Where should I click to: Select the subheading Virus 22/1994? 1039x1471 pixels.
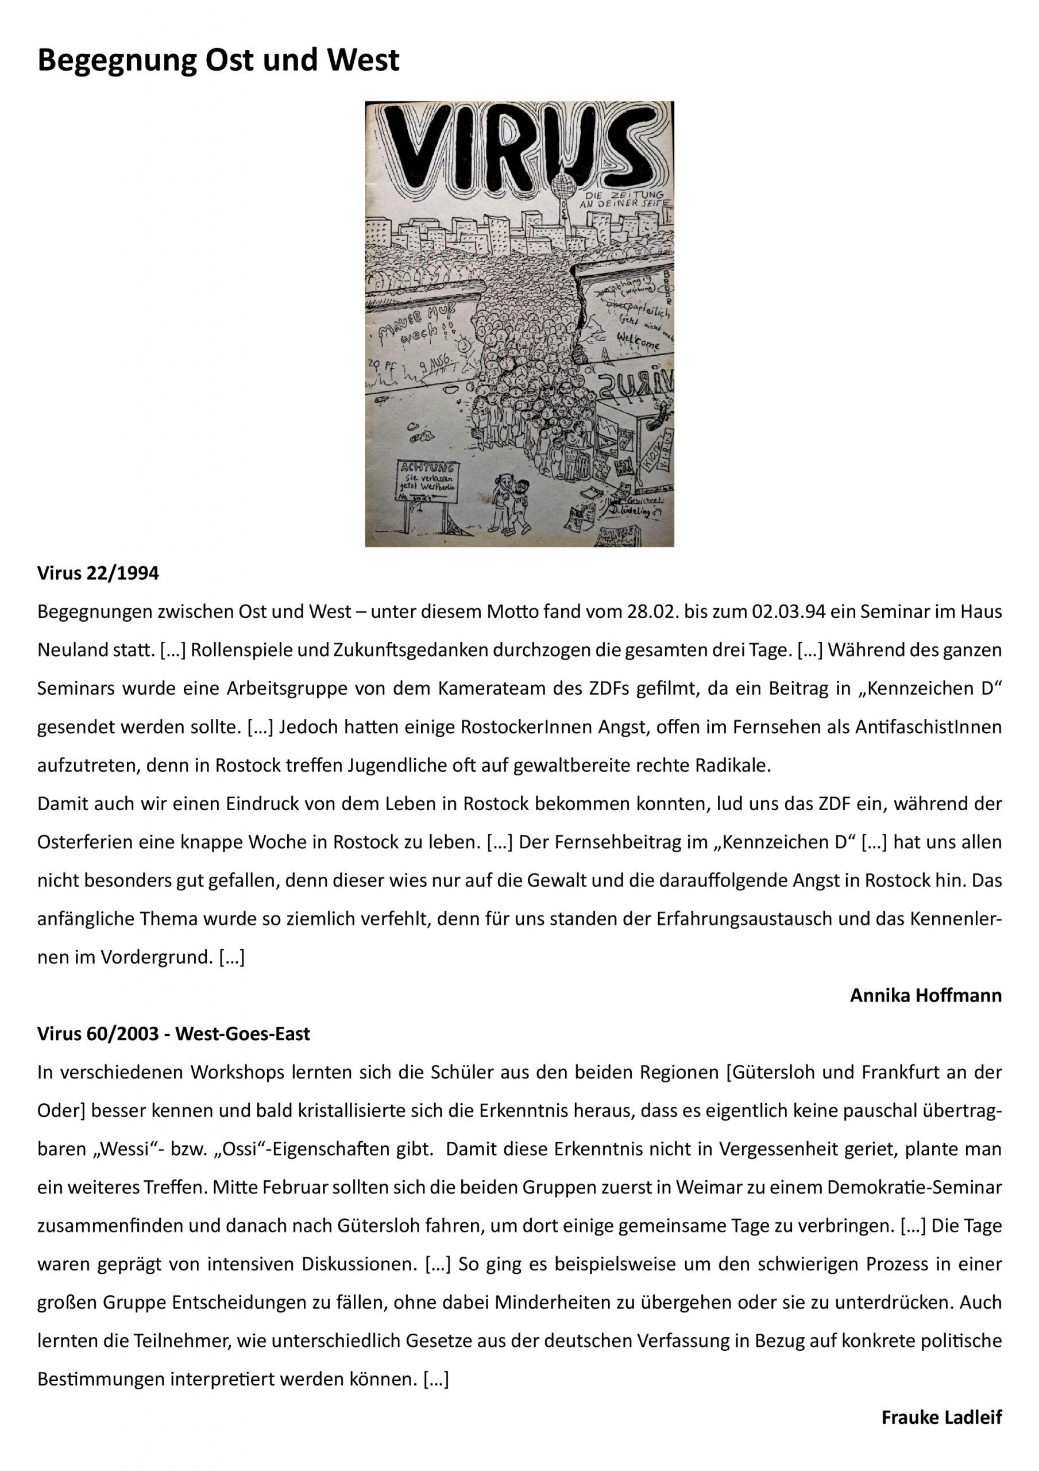(98, 573)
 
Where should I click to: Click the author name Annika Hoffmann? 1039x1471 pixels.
(926, 996)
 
